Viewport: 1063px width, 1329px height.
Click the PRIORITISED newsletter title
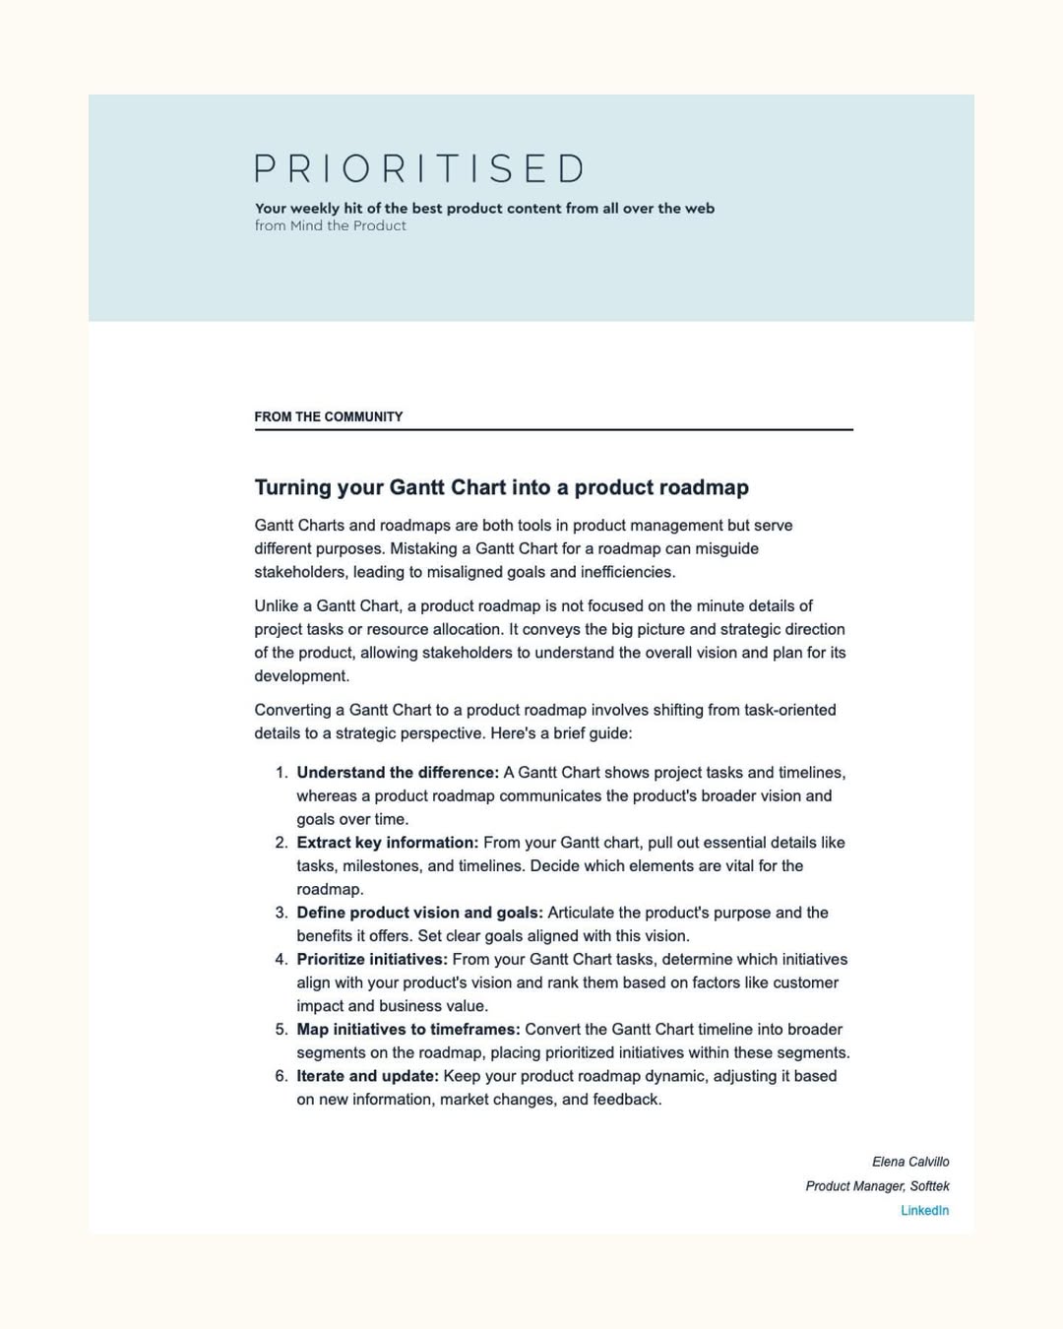[x=419, y=168]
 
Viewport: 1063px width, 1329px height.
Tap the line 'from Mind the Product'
[x=330, y=225]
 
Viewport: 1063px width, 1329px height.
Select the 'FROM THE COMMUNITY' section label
[x=328, y=416]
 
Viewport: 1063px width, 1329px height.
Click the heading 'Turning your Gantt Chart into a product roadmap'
[x=501, y=487]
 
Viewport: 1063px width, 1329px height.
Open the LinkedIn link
[x=924, y=1210]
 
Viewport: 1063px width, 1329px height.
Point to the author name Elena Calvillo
[x=910, y=1162]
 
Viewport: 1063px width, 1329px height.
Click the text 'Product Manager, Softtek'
[x=877, y=1186]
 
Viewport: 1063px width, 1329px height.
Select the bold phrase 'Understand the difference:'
[x=398, y=773]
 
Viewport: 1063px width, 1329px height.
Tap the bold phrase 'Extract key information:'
[x=387, y=843]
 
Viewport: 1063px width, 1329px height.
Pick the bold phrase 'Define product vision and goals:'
[x=419, y=913]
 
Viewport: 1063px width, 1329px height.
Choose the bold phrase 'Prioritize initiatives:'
[x=372, y=959]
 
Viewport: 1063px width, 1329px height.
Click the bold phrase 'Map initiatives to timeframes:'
[x=407, y=1029]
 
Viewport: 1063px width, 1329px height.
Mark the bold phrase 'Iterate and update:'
[x=367, y=1076]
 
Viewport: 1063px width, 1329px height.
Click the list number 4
[x=281, y=959]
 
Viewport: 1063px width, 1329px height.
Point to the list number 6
[x=281, y=1076]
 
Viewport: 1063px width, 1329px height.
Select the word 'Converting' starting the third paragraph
[x=292, y=710]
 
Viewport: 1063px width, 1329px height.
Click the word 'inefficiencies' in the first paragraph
[x=626, y=572]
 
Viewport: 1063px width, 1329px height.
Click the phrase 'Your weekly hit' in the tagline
[x=308, y=208]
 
